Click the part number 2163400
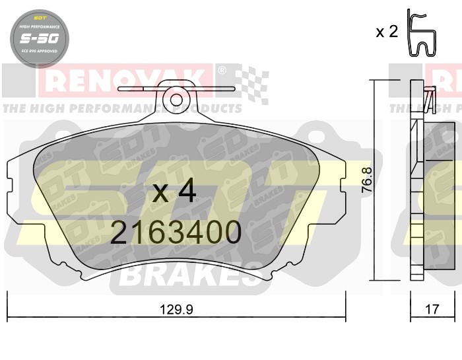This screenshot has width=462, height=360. [176, 233]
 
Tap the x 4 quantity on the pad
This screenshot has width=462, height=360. [174, 192]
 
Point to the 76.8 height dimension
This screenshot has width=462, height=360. [368, 180]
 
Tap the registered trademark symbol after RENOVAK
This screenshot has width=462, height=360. [222, 70]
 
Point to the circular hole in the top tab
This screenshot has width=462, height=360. [176, 100]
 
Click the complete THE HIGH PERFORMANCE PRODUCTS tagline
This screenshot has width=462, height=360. [122, 108]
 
